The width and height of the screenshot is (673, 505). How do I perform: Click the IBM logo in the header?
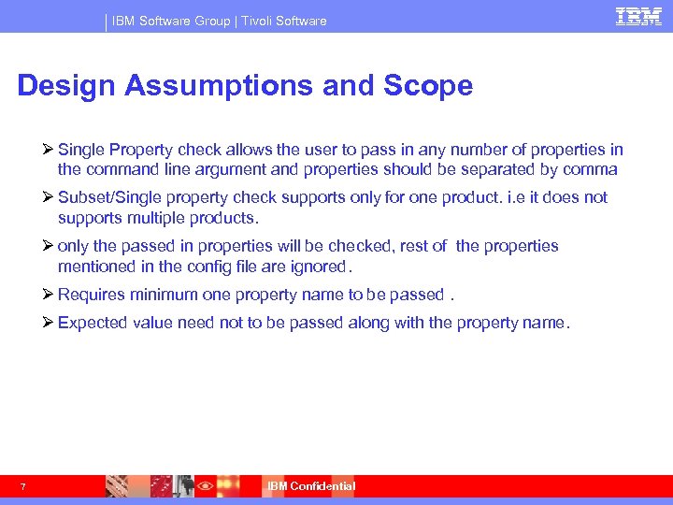click(639, 17)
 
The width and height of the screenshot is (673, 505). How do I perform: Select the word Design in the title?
click(65, 86)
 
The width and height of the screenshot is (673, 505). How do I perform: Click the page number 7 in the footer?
click(21, 486)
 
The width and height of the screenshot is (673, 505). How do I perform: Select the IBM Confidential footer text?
click(311, 486)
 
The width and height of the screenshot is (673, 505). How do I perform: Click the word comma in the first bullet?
click(594, 169)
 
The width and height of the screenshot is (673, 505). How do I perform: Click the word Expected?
click(91, 323)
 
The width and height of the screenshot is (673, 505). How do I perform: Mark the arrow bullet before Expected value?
click(49, 323)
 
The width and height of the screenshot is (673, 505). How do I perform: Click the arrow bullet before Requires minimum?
click(49, 295)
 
